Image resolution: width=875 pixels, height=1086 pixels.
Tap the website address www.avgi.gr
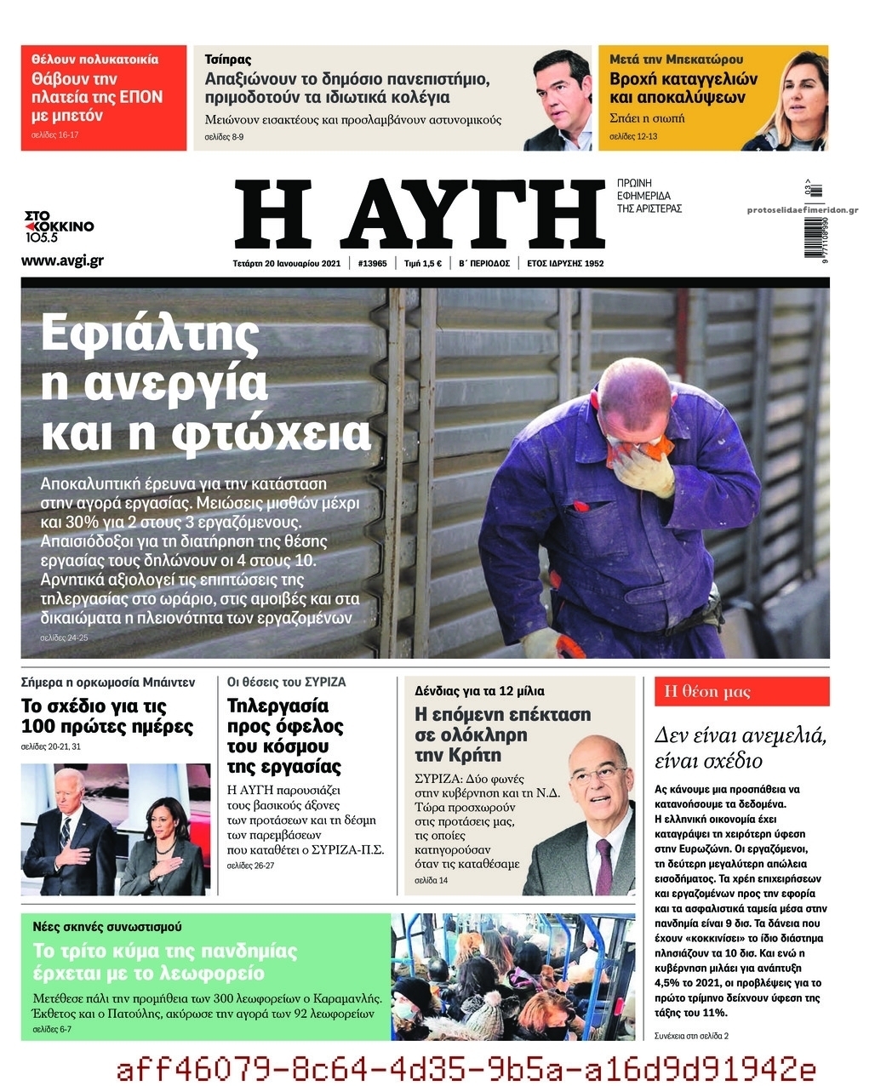pos(62,260)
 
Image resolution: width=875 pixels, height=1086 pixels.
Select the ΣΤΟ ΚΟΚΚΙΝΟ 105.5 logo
pos(58,226)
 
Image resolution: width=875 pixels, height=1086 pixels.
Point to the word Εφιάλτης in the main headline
pos(150,334)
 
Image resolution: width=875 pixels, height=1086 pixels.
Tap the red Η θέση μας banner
pos(741,691)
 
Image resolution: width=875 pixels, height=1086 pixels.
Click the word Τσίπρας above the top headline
pos(228,60)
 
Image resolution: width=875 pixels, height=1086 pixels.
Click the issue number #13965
pos(372,263)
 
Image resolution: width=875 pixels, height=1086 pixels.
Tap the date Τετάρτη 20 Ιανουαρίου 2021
pos(286,263)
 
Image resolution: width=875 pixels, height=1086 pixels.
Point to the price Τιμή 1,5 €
pos(422,263)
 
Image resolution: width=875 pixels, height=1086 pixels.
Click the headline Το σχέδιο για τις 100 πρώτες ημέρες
pos(107,717)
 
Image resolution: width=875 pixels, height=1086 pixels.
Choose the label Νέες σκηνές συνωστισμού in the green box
pos(107,926)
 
